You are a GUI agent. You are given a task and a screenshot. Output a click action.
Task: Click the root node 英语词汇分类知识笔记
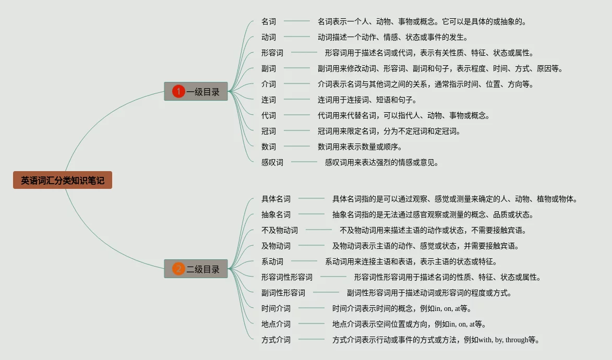(63, 181)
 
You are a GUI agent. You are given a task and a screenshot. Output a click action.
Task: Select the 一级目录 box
(196, 92)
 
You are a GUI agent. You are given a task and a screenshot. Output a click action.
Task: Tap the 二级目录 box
(196, 269)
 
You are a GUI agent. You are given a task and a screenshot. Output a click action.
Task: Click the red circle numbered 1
(178, 92)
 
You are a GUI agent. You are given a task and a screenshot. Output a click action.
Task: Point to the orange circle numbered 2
(178, 269)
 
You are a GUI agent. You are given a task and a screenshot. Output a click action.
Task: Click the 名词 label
(269, 21)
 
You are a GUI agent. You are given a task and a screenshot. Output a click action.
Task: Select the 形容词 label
(272, 53)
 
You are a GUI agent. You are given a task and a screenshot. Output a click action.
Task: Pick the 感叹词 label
(272, 162)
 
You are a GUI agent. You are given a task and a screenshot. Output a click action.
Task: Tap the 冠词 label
(269, 131)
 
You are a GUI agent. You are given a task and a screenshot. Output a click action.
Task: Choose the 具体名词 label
(276, 199)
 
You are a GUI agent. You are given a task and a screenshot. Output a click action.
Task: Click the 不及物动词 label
(280, 230)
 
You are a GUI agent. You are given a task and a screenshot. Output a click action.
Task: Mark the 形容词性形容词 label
(287, 277)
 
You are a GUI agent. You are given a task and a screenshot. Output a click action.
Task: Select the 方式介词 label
(276, 340)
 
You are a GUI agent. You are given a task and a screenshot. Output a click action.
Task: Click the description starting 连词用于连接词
(367, 100)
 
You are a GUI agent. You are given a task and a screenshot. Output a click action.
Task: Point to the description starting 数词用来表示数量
(360, 147)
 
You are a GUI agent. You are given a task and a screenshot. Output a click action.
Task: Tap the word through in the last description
(517, 340)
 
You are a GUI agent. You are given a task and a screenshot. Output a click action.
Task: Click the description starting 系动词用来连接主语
(411, 261)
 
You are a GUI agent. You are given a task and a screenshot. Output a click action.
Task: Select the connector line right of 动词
(297, 37)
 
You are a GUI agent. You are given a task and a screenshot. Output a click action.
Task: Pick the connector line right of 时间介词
(311, 308)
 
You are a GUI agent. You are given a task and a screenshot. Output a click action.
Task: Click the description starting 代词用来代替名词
(404, 115)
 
